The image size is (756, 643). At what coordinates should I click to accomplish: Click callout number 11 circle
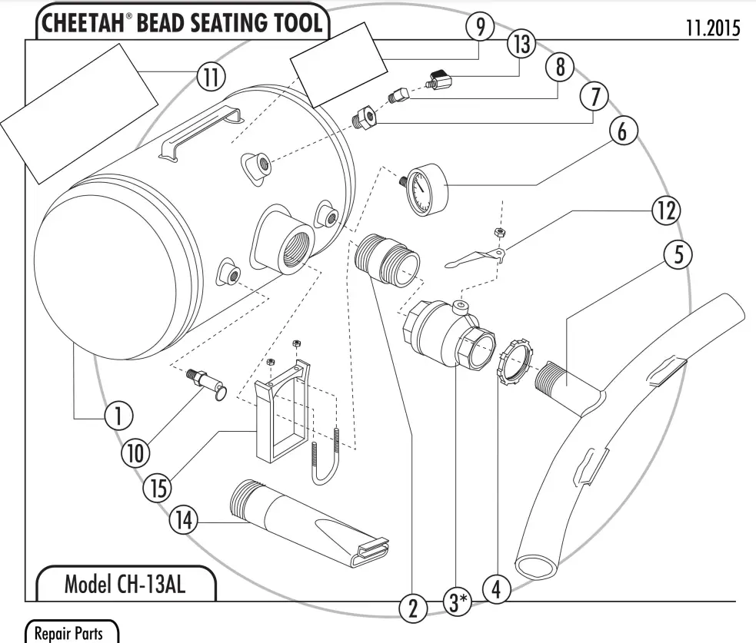(208, 77)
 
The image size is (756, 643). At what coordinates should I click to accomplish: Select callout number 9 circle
(479, 28)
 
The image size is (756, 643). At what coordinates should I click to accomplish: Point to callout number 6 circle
(621, 131)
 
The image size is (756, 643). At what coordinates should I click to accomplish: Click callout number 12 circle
(666, 210)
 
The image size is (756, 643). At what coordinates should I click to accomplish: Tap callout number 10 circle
(136, 453)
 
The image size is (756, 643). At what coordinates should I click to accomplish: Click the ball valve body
(442, 335)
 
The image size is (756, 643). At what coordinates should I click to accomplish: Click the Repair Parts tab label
(72, 634)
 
